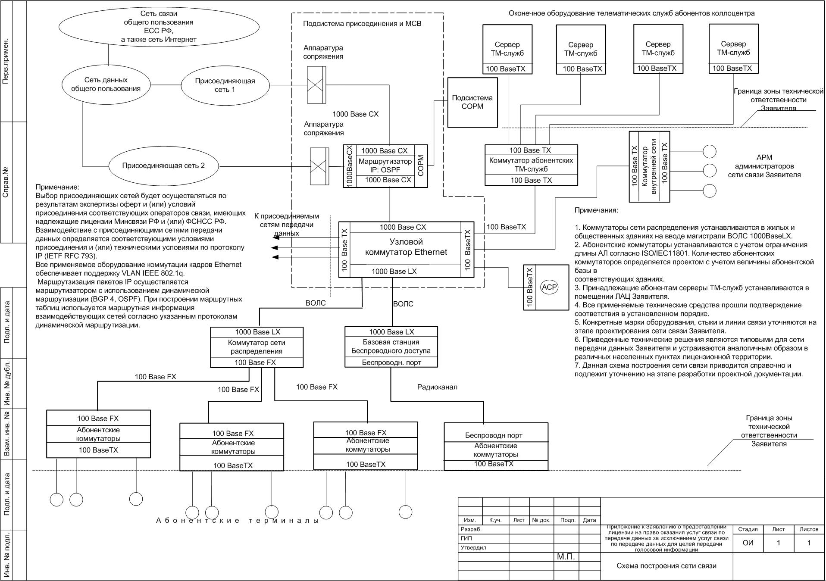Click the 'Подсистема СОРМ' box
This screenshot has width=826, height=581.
[x=472, y=102]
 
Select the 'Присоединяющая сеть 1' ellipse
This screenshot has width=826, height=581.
[x=225, y=85]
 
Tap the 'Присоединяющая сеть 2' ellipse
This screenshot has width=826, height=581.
[x=163, y=166]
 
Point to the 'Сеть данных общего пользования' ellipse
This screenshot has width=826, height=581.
[x=106, y=84]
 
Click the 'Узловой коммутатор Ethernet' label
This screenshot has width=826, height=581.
[x=406, y=247]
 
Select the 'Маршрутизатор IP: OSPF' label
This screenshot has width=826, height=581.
[x=385, y=166]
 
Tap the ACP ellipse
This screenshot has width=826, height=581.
[x=549, y=287]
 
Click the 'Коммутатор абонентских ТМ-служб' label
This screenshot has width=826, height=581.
[x=531, y=165]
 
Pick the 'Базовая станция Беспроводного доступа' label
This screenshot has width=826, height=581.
[x=391, y=347]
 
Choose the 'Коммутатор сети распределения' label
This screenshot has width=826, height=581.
[x=257, y=347]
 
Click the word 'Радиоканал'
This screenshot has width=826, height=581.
[x=437, y=387]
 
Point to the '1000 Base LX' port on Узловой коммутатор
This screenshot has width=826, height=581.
[x=394, y=271]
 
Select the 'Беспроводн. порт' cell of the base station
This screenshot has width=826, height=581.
[x=391, y=362]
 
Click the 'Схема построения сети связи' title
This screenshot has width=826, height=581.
[x=666, y=565]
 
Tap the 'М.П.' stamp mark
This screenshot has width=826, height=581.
[x=566, y=557]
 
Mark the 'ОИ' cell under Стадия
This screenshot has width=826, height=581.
[x=748, y=543]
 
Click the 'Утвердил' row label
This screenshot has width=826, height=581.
[x=473, y=548]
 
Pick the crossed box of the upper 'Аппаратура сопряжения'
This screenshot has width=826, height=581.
[x=316, y=85]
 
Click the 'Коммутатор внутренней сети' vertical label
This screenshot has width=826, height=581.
[x=649, y=166]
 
